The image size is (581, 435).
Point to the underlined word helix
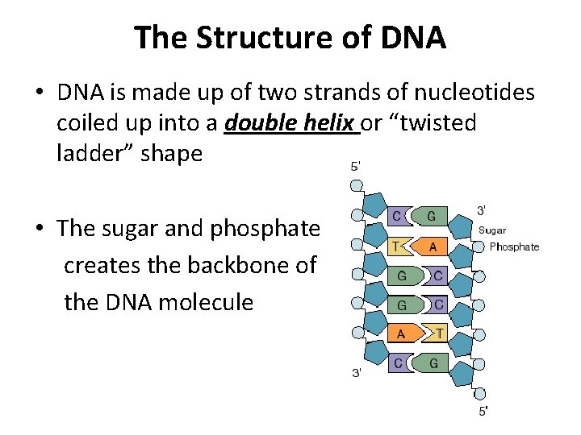(x=331, y=123)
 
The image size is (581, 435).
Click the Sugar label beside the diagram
(x=492, y=230)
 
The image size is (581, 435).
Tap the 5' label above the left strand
(x=355, y=168)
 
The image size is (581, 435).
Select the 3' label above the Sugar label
(x=482, y=210)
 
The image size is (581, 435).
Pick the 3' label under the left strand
(x=356, y=373)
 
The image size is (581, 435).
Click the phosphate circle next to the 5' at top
(x=356, y=184)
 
